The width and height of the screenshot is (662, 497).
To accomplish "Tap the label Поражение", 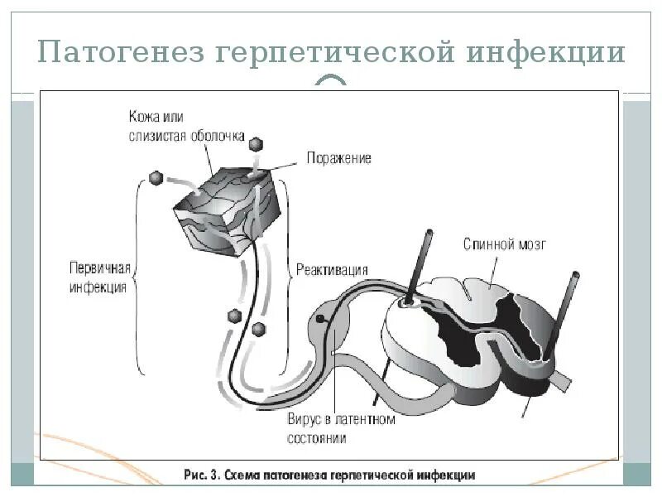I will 338,157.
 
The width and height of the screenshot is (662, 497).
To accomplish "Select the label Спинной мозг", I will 505,244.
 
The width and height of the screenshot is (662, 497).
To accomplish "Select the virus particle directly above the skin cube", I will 257,143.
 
